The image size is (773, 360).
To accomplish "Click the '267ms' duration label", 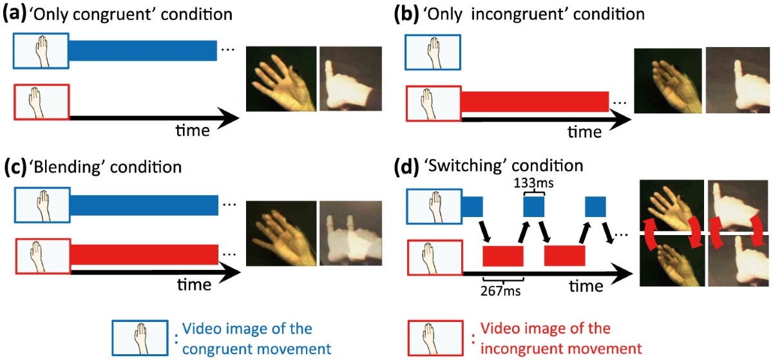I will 501,289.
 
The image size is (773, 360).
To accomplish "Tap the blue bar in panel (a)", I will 143,51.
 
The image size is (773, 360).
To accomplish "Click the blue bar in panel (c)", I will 144,207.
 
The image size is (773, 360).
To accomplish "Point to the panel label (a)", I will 14,14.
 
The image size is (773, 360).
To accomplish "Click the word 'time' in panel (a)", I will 193,131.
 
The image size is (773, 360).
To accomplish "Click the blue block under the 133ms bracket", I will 533,207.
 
